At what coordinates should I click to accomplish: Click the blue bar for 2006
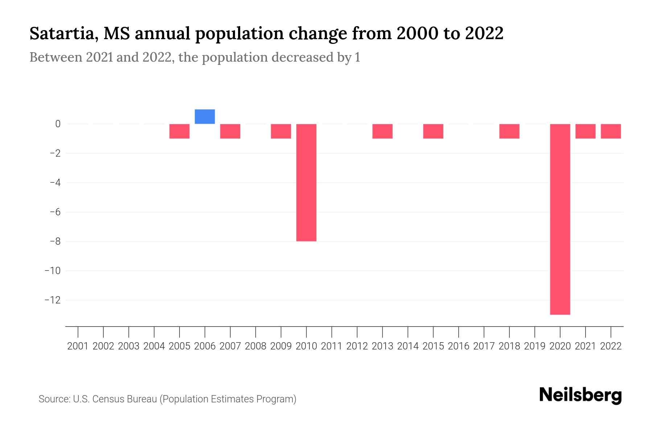pyautogui.click(x=205, y=116)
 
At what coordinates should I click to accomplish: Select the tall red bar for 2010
pyautogui.click(x=306, y=182)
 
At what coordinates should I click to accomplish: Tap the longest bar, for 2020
pyautogui.click(x=560, y=219)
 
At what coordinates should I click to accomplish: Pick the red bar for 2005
pyautogui.click(x=179, y=131)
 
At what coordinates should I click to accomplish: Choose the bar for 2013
pyautogui.click(x=382, y=131)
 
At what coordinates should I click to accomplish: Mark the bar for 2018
pyautogui.click(x=509, y=131)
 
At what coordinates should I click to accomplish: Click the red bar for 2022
pyautogui.click(x=611, y=131)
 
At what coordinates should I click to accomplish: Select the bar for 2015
pyautogui.click(x=433, y=131)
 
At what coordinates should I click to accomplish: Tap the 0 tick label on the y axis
pyautogui.click(x=58, y=124)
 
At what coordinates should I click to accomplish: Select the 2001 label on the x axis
pyautogui.click(x=78, y=346)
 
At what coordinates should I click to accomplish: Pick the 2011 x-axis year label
pyautogui.click(x=332, y=346)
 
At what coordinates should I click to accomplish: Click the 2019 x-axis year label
pyautogui.click(x=534, y=346)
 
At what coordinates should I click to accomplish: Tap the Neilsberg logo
pyautogui.click(x=580, y=395)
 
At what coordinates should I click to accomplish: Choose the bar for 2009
pyautogui.click(x=281, y=131)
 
